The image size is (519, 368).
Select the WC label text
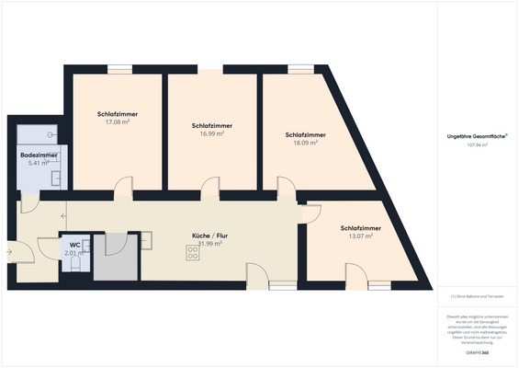[73, 245]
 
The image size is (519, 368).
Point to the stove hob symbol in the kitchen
[193, 255]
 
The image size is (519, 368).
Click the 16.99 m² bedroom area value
[211, 132]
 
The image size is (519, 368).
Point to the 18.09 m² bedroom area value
[305, 143]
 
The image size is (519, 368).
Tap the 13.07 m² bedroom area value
[360, 236]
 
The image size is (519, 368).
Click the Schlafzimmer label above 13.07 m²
[360, 228]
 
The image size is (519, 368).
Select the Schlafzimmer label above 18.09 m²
[305, 134]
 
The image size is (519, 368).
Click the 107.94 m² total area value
[478, 144]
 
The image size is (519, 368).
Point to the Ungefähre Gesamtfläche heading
[478, 135]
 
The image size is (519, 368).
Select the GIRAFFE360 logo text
[478, 352]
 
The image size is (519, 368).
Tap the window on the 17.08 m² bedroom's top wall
[119, 68]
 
